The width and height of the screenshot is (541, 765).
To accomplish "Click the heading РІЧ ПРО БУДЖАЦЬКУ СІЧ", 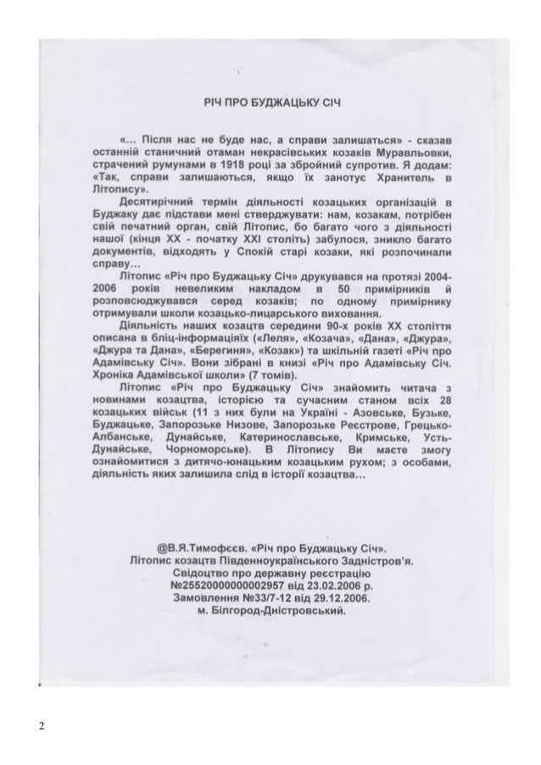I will click(270, 100).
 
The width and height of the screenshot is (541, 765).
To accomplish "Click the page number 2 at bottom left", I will click(41, 726).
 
